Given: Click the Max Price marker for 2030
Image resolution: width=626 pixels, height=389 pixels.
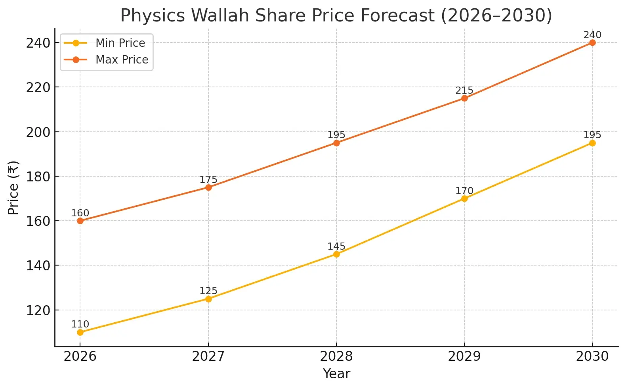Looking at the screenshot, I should pyautogui.click(x=592, y=42).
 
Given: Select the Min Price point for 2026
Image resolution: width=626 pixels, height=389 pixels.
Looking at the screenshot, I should pyautogui.click(x=80, y=332).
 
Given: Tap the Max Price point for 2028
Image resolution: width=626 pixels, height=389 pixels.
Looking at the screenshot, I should pyautogui.click(x=336, y=143).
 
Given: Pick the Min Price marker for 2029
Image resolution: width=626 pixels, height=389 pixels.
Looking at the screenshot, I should pyautogui.click(x=464, y=198).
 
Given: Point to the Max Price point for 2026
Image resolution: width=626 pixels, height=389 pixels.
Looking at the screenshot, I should pyautogui.click(x=80, y=221).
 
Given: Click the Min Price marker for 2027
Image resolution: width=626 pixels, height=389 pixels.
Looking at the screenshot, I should pyautogui.click(x=208, y=299).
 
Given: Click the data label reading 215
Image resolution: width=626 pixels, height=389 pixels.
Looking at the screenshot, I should pyautogui.click(x=464, y=91).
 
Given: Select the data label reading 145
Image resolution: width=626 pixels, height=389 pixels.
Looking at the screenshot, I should pyautogui.click(x=336, y=246).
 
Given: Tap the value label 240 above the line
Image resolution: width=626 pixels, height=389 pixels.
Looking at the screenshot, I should pyautogui.click(x=592, y=35).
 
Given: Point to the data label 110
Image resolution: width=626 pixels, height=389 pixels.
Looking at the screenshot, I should pyautogui.click(x=80, y=324).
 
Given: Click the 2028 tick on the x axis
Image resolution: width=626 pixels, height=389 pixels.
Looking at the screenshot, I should pyautogui.click(x=336, y=356).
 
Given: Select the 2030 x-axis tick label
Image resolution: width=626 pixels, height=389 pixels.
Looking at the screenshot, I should pyautogui.click(x=592, y=356).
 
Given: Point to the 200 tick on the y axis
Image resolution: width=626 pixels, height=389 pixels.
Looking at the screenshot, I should pyautogui.click(x=38, y=132).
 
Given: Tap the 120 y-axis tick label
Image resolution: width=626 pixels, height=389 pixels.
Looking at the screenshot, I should pyautogui.click(x=38, y=310).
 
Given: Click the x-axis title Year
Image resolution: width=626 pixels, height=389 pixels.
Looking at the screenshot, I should pyautogui.click(x=336, y=374).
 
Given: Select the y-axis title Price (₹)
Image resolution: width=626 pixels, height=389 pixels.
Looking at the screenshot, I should pyautogui.click(x=13, y=188).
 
